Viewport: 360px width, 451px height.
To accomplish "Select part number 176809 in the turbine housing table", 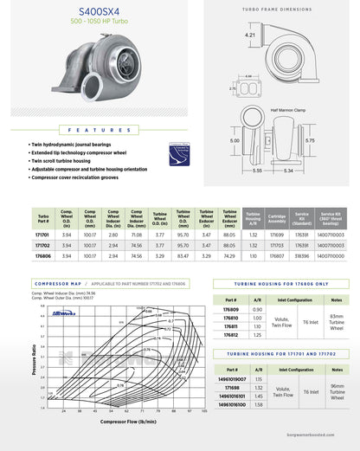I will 231,309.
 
